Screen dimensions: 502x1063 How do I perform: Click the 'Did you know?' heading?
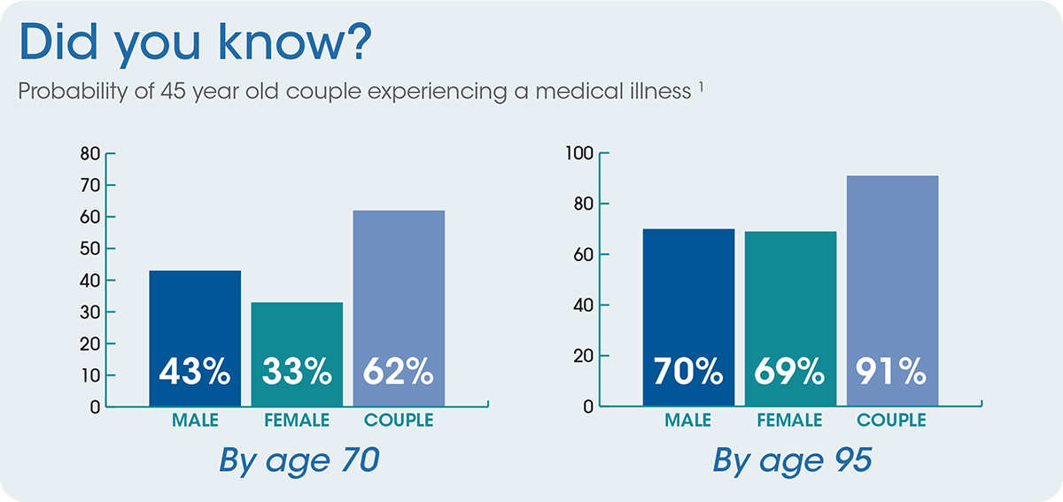(x=192, y=44)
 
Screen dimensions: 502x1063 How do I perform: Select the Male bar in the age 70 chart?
(x=195, y=319)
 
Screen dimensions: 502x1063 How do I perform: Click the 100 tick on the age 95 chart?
(x=578, y=153)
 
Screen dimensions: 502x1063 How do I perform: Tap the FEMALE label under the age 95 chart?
(x=790, y=420)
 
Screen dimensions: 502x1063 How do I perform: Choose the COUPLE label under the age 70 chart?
(x=400, y=420)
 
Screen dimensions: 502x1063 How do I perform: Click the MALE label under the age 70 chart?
(x=195, y=420)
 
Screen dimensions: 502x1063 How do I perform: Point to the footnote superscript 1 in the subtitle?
(x=700, y=86)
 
